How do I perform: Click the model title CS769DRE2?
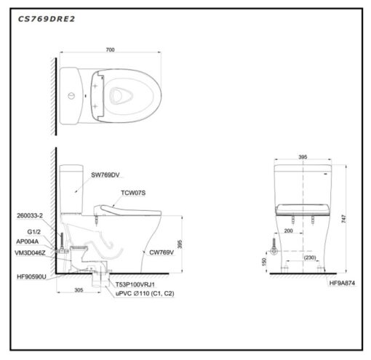(47, 19)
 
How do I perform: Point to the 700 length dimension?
(110, 49)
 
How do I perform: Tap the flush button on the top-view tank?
(71, 96)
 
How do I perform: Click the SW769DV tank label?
(105, 175)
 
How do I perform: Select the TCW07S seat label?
(133, 193)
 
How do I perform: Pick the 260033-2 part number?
(30, 215)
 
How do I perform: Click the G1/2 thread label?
(34, 232)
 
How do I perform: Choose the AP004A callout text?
(27, 241)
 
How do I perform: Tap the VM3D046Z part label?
(30, 253)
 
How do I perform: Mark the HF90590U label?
(31, 276)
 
